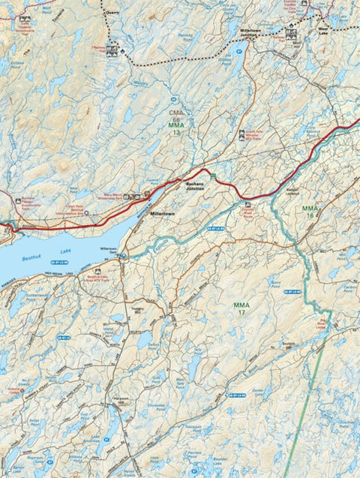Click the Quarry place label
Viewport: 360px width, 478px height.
click(113, 12)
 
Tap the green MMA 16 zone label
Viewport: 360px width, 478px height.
click(310, 211)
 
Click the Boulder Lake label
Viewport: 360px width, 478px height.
click(223, 460)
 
